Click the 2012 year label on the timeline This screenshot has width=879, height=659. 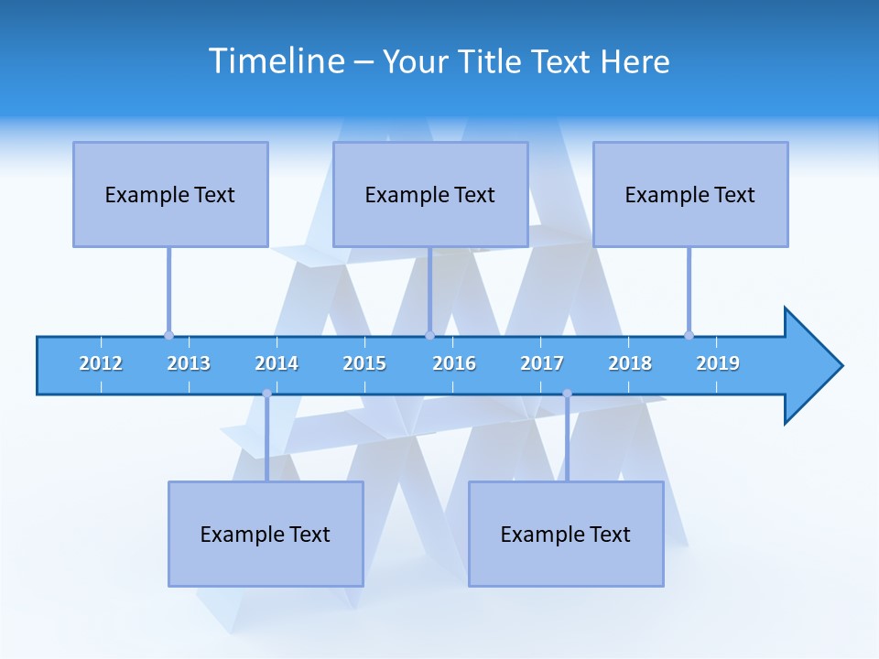click(x=101, y=363)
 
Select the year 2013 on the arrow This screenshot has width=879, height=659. click(x=189, y=363)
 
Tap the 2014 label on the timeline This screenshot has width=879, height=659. click(x=277, y=363)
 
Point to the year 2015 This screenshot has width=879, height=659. click(x=364, y=363)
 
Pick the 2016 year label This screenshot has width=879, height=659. click(x=454, y=363)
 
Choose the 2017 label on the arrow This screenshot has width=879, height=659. click(x=542, y=363)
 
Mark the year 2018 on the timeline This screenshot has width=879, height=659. click(x=630, y=363)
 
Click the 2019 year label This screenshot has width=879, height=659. click(x=718, y=363)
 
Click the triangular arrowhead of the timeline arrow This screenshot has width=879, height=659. click(x=811, y=366)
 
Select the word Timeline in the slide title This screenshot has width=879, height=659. click(x=275, y=61)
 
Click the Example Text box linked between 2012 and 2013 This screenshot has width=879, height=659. click(x=170, y=194)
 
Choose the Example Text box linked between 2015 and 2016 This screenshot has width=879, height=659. click(x=430, y=194)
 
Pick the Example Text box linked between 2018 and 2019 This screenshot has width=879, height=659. click(x=690, y=194)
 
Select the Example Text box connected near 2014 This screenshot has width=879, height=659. click(x=266, y=534)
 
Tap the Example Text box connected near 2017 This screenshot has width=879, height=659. click(x=566, y=534)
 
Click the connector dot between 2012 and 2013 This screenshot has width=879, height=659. click(x=168, y=335)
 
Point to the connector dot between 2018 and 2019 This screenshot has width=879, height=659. click(x=689, y=335)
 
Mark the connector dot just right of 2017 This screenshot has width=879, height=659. click(x=567, y=394)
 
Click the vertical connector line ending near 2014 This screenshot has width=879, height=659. click(x=266, y=439)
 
